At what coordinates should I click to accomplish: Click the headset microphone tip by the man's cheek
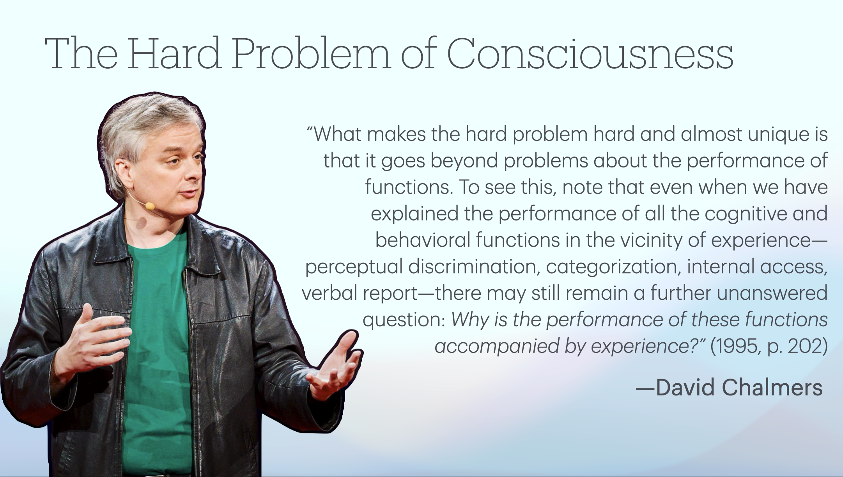pos(149,205)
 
